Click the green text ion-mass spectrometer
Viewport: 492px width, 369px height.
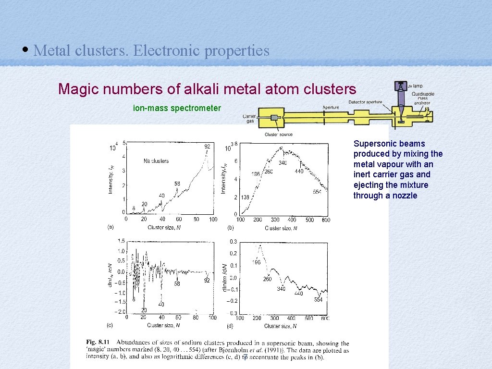pos(177,108)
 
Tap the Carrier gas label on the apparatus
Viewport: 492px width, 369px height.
pos(249,119)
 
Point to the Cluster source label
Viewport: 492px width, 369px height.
pos(279,135)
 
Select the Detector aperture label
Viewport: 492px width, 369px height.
pos(365,102)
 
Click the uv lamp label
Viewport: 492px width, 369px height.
pos(416,86)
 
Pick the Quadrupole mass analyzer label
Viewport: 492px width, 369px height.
pos(422,98)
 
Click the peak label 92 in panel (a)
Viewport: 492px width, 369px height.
pos(207,146)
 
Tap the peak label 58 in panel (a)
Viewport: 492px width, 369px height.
pos(177,184)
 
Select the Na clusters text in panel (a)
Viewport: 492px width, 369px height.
pos(156,161)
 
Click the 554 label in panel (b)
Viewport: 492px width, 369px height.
pos(317,192)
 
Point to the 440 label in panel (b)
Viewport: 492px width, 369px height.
pos(299,171)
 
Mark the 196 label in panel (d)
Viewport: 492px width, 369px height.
pos(256,262)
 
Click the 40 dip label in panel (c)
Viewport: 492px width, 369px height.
pos(161,305)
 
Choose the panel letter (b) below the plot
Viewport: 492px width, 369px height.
pos(231,228)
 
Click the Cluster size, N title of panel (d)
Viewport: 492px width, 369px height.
pos(281,326)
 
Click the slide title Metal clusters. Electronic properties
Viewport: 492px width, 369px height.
pos(151,50)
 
